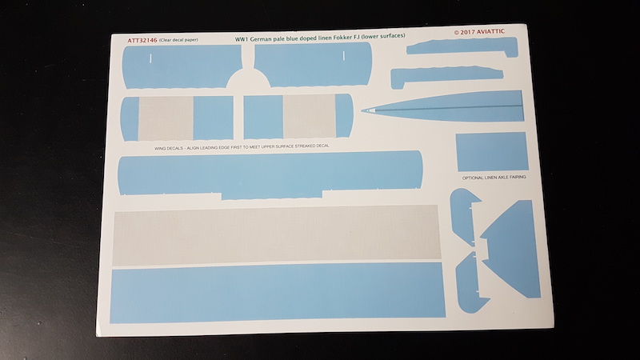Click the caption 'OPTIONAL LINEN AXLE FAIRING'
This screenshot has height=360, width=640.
494,177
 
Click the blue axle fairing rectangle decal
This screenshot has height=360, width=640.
490,152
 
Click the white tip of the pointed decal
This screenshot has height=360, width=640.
366,110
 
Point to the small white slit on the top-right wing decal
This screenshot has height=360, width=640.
342,57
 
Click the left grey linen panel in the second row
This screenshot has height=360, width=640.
165,118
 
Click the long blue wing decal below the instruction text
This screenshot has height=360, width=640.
270,172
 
